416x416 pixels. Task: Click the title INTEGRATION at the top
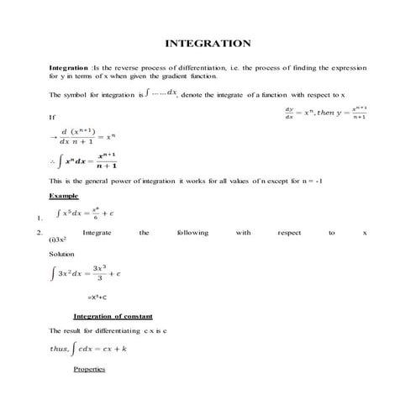tap(208, 43)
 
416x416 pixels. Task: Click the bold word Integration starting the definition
tap(68, 66)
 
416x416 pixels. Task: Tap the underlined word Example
tap(63, 194)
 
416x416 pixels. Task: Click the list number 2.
tap(40, 232)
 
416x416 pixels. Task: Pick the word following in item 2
tap(192, 232)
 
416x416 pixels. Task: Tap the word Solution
tap(61, 254)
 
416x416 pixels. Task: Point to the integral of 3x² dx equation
tap(87, 273)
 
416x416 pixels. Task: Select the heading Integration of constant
tap(113, 316)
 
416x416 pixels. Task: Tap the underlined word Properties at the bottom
tap(89, 369)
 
